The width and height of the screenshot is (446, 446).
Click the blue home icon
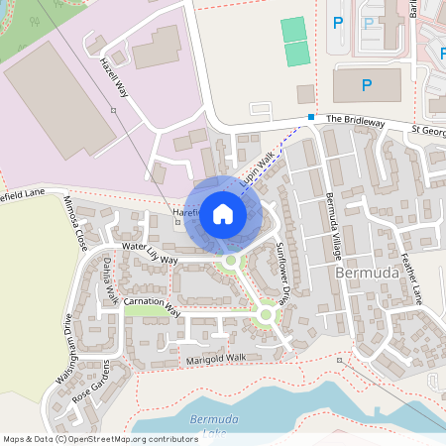tap(223, 213)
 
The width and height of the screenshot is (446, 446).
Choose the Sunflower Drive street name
tap(281, 272)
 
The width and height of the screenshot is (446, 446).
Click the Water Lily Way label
tap(149, 253)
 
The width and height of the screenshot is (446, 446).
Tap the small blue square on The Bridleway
tap(311, 118)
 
